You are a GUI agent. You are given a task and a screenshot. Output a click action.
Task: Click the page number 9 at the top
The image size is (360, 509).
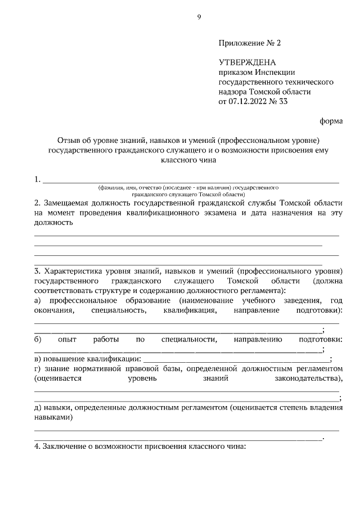199,17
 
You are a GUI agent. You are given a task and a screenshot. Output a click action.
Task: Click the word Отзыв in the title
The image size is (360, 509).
68,139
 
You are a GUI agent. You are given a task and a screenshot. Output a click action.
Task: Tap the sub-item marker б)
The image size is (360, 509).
38,340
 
